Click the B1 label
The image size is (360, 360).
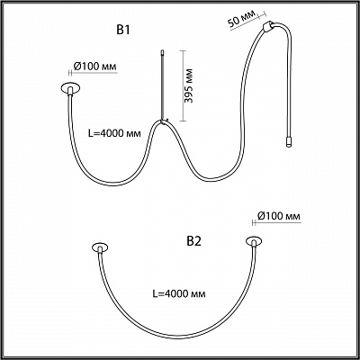click(123, 31)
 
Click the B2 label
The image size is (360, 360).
click(193, 241)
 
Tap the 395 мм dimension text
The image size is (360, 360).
click(189, 85)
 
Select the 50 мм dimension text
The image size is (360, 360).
click(240, 19)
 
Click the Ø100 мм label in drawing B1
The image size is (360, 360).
click(94, 67)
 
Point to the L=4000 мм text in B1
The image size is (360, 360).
click(114, 133)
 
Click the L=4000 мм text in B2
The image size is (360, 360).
click(179, 293)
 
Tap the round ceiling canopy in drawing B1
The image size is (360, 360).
click(71, 88)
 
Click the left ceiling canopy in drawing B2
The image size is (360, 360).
click(100, 248)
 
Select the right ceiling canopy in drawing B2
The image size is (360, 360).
click(254, 241)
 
